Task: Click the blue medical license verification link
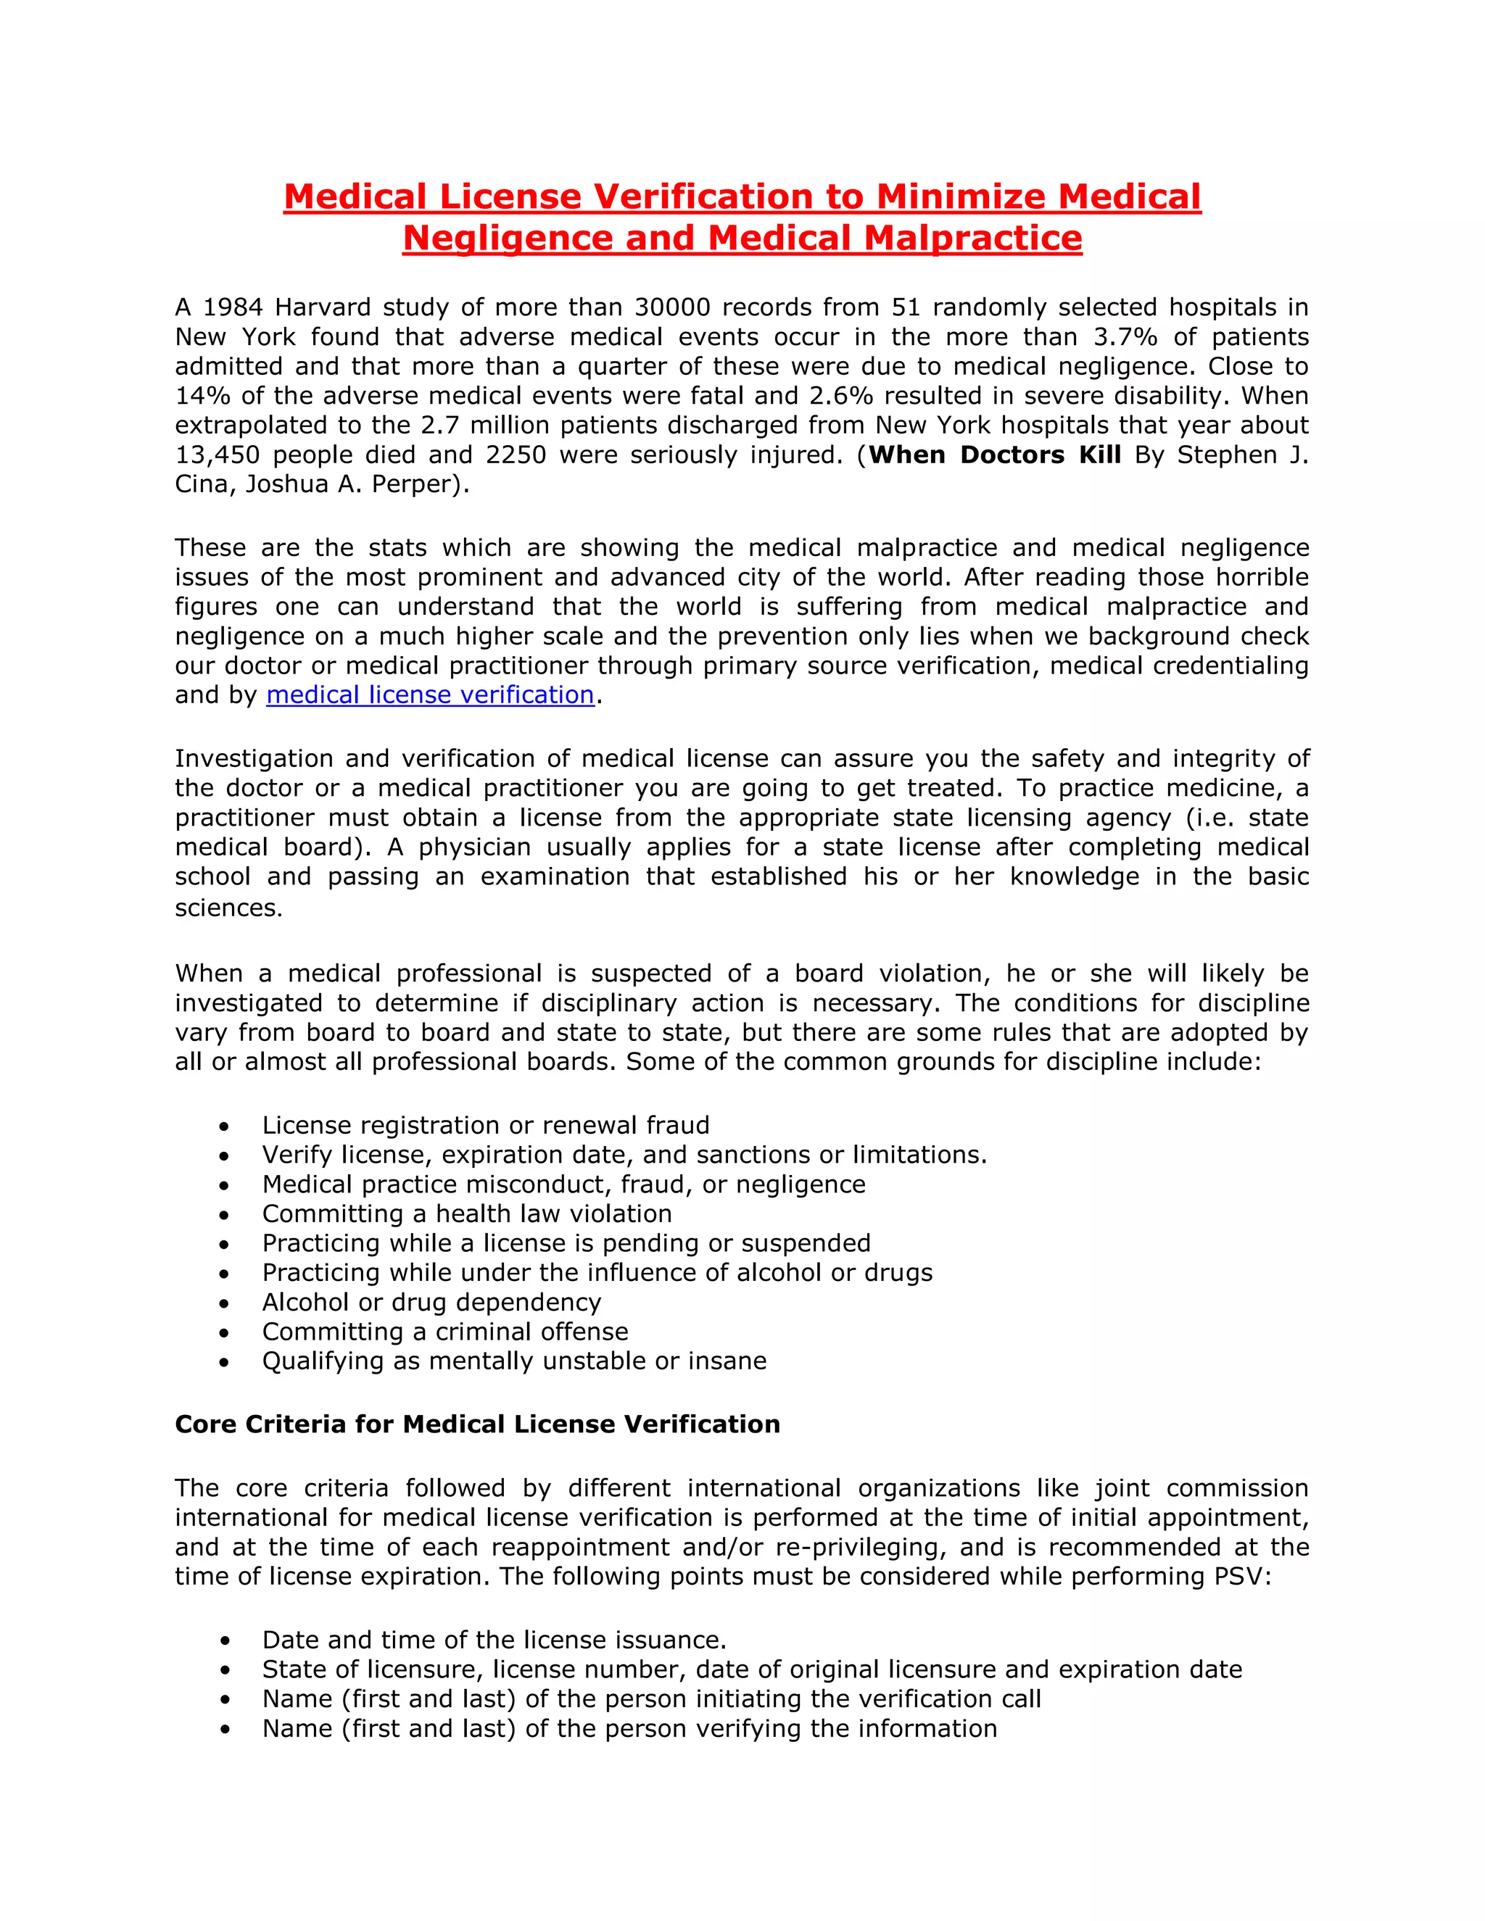point(430,695)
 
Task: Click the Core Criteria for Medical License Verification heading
point(477,1424)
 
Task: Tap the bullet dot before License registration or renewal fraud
point(226,1127)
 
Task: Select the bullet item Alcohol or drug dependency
point(431,1302)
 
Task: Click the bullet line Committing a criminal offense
point(445,1332)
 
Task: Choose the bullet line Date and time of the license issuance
point(494,1640)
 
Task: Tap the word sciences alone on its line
point(228,908)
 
